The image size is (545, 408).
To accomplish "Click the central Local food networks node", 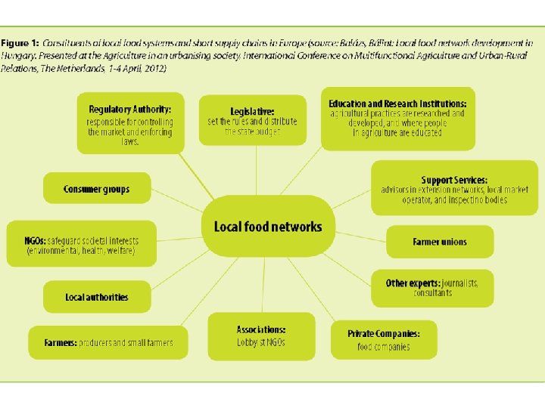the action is (x=267, y=226).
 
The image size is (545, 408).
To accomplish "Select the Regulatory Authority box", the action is (x=130, y=122).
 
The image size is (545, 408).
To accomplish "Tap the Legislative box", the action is (x=252, y=119).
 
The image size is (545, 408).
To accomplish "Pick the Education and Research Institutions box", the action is (x=397, y=118).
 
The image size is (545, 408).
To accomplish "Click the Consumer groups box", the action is (x=97, y=189).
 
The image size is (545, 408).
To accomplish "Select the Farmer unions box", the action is (x=440, y=242).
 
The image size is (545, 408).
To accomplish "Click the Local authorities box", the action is (x=97, y=297).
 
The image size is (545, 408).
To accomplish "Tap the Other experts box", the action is (x=431, y=287).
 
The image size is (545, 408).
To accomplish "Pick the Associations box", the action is (x=260, y=336).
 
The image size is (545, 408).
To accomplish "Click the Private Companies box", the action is (x=383, y=339).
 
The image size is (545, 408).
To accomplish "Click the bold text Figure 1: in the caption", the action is (x=20, y=44).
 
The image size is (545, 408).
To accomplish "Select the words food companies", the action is (x=384, y=347).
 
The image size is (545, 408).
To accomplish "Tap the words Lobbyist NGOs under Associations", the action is (x=261, y=343).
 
